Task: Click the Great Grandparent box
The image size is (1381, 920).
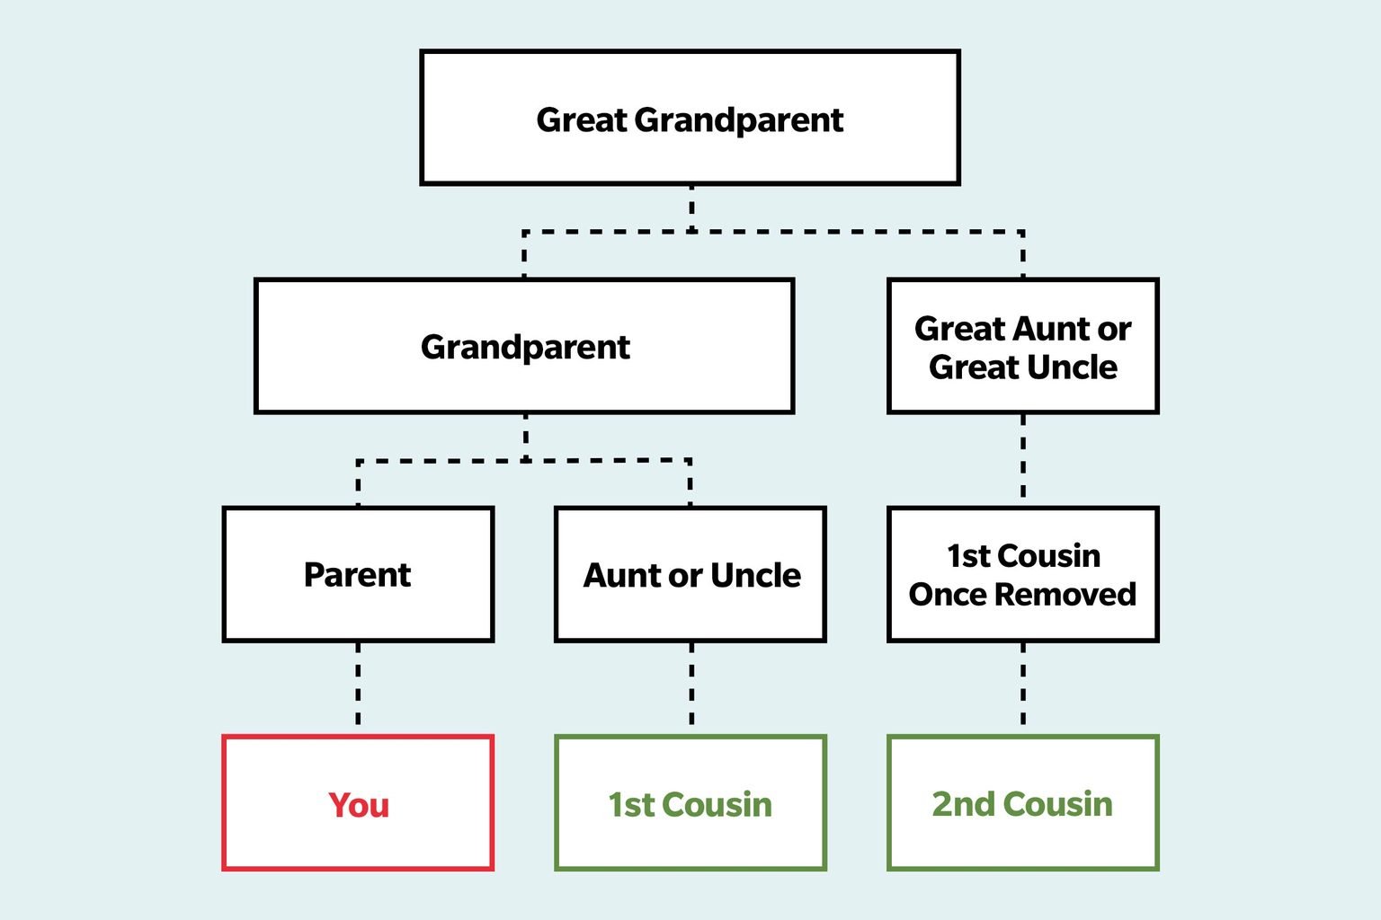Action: coord(690,118)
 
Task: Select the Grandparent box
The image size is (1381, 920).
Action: coord(524,346)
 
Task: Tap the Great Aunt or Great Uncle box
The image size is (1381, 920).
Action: coord(1022,346)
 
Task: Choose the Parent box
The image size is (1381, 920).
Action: coord(358,574)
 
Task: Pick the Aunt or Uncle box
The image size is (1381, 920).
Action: coord(690,574)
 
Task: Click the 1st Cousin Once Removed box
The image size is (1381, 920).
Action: coord(1022,574)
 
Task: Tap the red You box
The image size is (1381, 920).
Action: coord(358,803)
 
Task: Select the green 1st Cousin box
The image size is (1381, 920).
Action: coord(690,803)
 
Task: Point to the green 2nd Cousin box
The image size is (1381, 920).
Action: coord(1022,803)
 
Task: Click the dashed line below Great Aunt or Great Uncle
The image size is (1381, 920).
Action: coord(1022,459)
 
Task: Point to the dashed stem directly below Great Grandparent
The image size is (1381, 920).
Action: coord(690,207)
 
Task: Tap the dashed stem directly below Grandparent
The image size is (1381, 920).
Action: coord(525,435)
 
